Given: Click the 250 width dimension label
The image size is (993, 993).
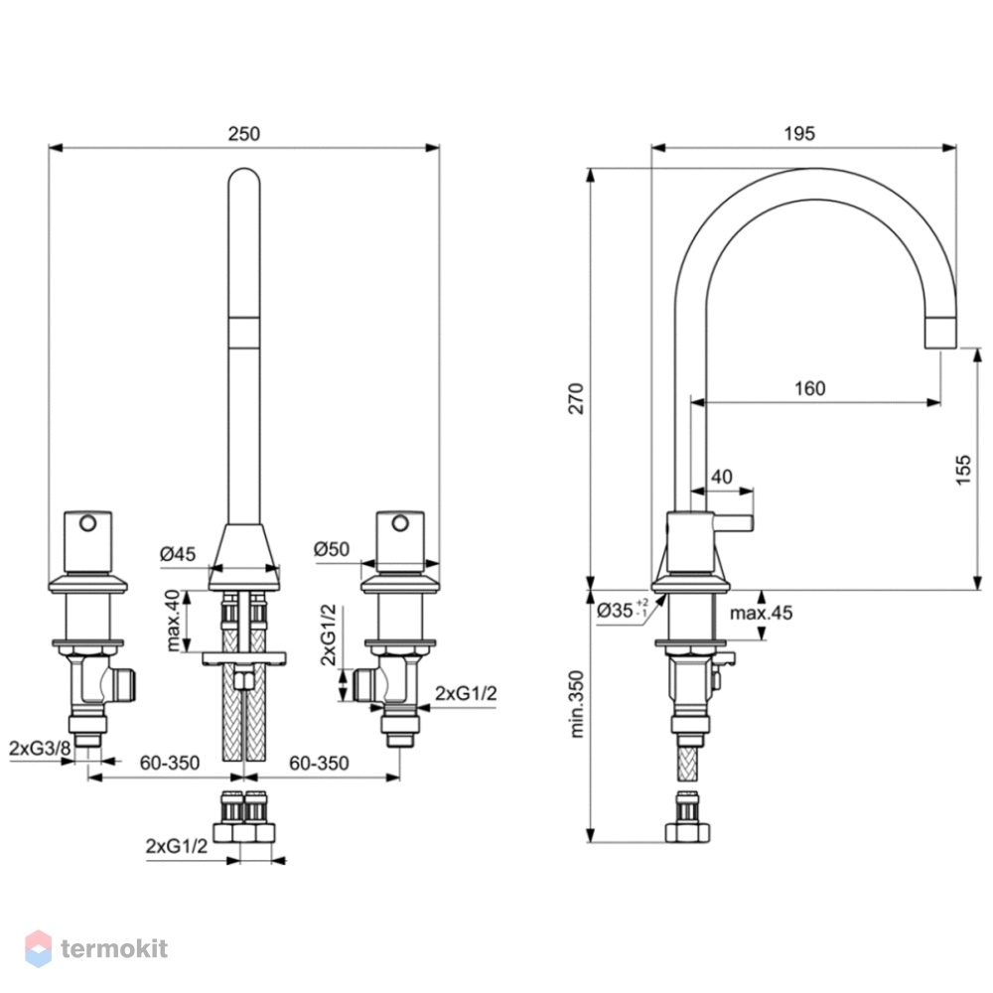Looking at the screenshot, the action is (244, 134).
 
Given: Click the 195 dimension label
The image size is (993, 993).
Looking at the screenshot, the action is (799, 134).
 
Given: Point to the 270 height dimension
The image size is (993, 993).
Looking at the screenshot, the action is (576, 398).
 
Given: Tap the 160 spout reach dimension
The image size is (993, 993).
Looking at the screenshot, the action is (810, 388).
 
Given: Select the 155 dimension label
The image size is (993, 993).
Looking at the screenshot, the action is (962, 470).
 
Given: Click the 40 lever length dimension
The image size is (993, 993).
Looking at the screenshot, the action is (722, 477).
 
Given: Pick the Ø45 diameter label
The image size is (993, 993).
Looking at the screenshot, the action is (178, 554).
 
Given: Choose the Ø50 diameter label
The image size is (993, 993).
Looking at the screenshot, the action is (332, 549).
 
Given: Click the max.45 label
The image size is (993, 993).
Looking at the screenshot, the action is (761, 613).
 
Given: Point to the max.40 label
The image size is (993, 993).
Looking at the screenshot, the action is (172, 621).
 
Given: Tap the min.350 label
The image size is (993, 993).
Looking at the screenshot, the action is (576, 704).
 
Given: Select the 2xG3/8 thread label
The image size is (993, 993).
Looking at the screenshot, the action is (40, 749).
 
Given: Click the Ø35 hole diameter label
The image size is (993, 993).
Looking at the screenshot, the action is (623, 610).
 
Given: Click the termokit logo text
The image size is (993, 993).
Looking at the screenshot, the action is (114, 948).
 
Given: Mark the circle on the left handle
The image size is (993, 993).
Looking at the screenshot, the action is (88, 523).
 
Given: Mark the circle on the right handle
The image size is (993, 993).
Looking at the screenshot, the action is (400, 523).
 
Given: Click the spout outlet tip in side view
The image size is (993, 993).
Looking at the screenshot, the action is (940, 347).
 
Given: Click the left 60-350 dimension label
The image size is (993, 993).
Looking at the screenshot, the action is (170, 763).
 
